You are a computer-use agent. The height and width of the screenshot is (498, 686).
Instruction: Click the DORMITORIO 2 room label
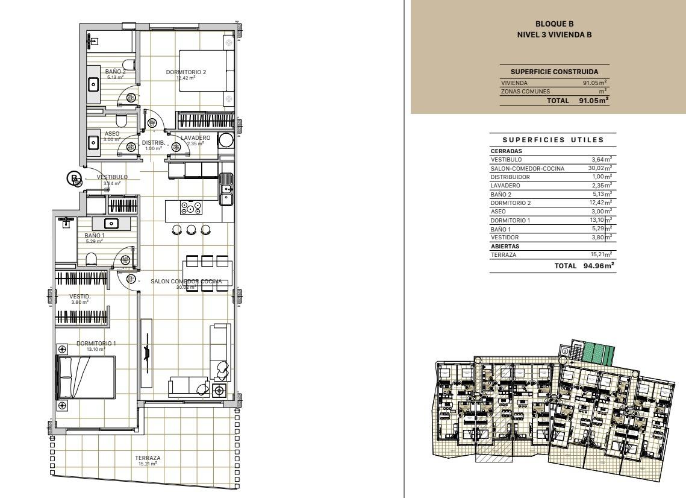pyautogui.click(x=186, y=72)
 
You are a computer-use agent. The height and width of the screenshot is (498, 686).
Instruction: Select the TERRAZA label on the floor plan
pyautogui.click(x=148, y=458)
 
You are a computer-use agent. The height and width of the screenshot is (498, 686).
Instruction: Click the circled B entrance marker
pyautogui.click(x=73, y=178)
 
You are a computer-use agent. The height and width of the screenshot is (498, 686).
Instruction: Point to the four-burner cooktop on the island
pyautogui.click(x=191, y=209)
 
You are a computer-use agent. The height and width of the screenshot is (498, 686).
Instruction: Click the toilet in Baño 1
pyautogui.click(x=92, y=259)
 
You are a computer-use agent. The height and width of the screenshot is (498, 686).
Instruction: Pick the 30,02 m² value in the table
pyautogui.click(x=600, y=168)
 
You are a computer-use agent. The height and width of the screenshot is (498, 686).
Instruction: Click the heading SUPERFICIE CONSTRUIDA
pyautogui.click(x=554, y=72)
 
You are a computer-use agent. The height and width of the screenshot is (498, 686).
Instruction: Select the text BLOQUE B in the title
pyautogui.click(x=554, y=24)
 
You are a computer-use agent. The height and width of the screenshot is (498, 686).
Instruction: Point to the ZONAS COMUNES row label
pyautogui.click(x=521, y=91)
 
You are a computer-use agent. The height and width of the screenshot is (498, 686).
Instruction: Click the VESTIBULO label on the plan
pyautogui.click(x=112, y=177)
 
